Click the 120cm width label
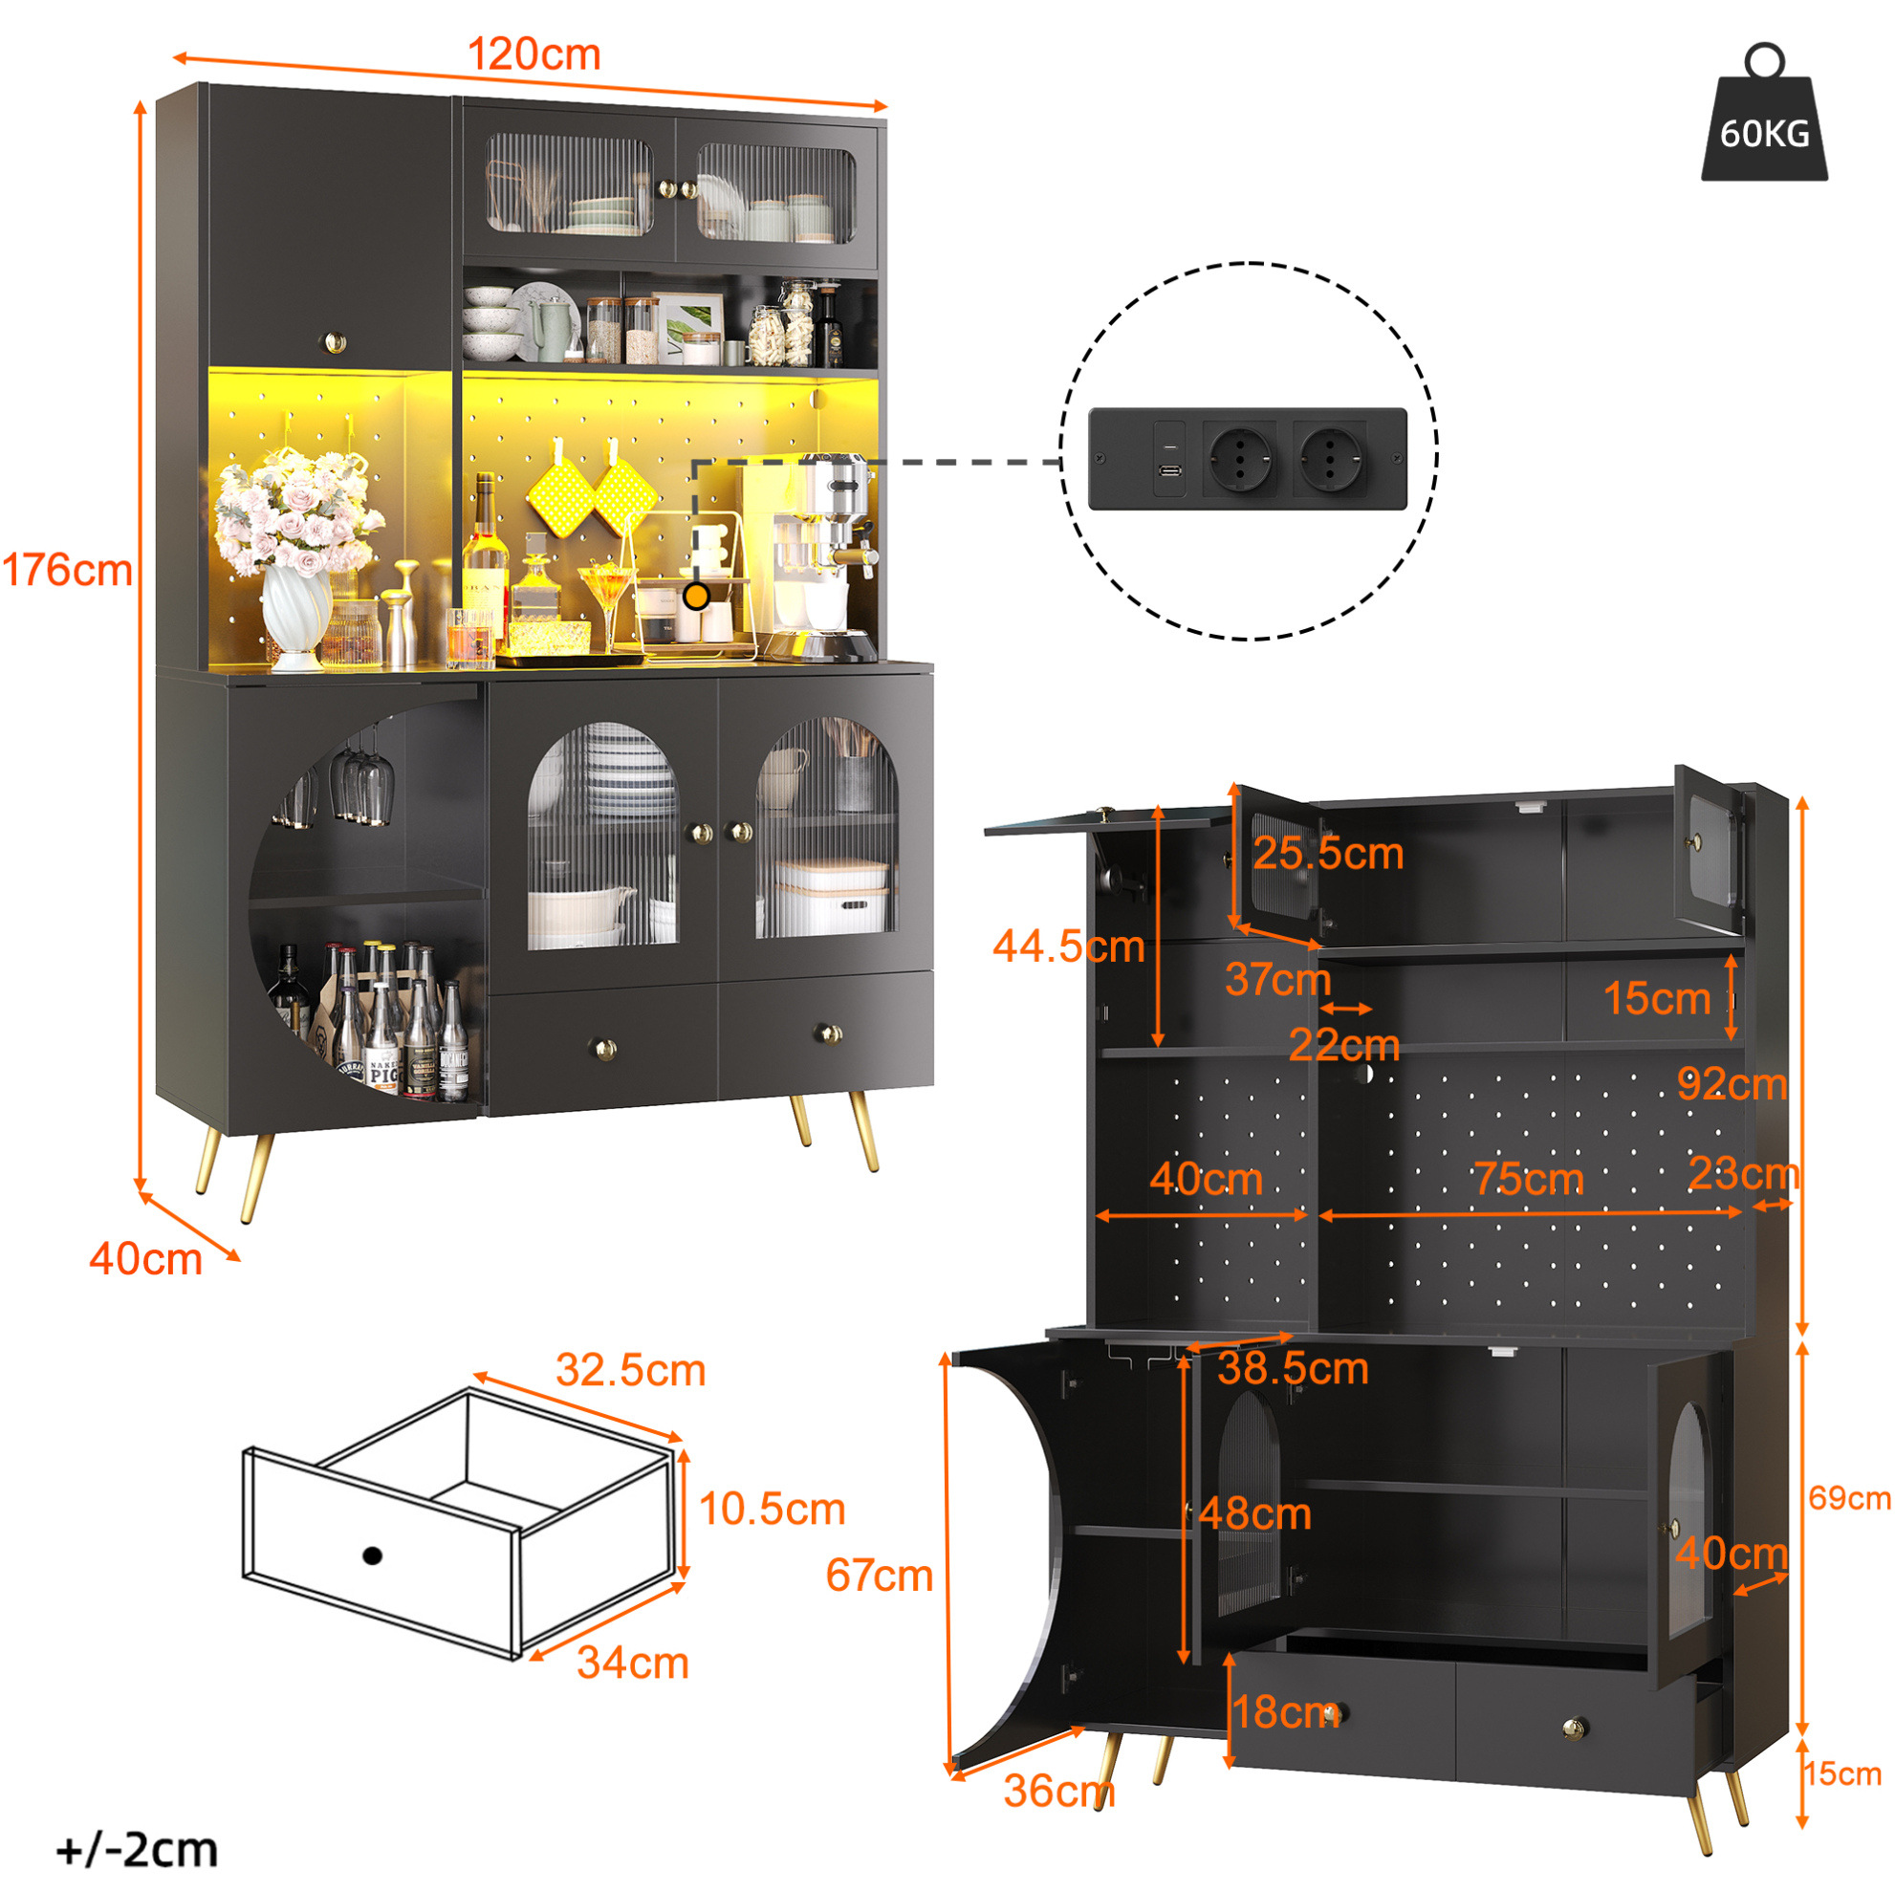point(534,54)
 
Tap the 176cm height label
point(68,571)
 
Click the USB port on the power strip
point(1169,469)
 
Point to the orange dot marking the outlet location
point(696,596)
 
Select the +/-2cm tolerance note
point(138,1850)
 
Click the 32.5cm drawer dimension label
point(631,1370)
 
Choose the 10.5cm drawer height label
point(772,1509)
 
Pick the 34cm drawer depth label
point(633,1663)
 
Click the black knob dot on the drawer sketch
point(372,1555)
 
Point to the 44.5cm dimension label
point(1069,946)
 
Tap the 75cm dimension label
point(1529,1179)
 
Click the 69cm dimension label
point(1849,1498)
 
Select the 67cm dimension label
point(879,1576)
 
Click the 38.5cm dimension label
point(1293,1368)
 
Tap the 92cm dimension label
point(1732,1084)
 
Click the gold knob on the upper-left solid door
point(335,342)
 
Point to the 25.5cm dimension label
point(1328,854)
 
